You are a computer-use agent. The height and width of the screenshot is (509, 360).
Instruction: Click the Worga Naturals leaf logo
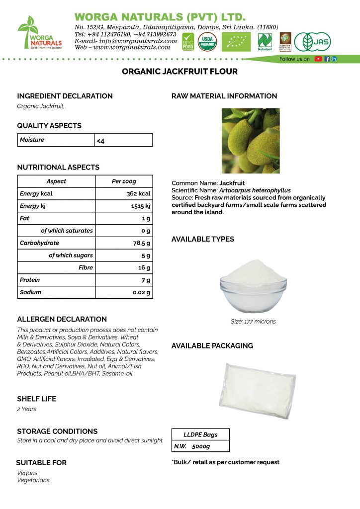point(39,32)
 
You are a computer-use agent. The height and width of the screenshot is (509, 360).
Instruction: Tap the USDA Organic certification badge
point(207,41)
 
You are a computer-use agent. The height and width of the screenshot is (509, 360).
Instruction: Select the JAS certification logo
point(312,42)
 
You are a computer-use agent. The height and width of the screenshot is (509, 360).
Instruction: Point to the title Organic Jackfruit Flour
point(180,72)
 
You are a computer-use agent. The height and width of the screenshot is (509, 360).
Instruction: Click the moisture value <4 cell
point(123,141)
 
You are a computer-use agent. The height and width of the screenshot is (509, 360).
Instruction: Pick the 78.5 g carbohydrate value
point(141,243)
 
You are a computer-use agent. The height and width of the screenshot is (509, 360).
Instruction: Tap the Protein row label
point(30,280)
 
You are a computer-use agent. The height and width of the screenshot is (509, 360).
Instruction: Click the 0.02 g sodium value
point(141,293)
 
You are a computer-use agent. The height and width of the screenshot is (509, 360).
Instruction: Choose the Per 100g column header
point(124,181)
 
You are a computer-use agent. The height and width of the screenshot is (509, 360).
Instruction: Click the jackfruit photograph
point(250,141)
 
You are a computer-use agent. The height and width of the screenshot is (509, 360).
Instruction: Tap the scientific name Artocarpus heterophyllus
point(255,190)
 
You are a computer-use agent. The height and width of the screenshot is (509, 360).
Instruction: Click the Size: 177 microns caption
point(253,322)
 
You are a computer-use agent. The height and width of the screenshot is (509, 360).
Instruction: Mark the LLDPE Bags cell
point(200,435)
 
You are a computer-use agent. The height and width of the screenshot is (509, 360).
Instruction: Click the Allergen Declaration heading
point(62,319)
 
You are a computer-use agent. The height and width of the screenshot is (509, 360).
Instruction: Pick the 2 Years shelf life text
point(27,409)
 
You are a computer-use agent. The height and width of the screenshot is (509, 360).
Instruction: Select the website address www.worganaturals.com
point(130,47)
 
